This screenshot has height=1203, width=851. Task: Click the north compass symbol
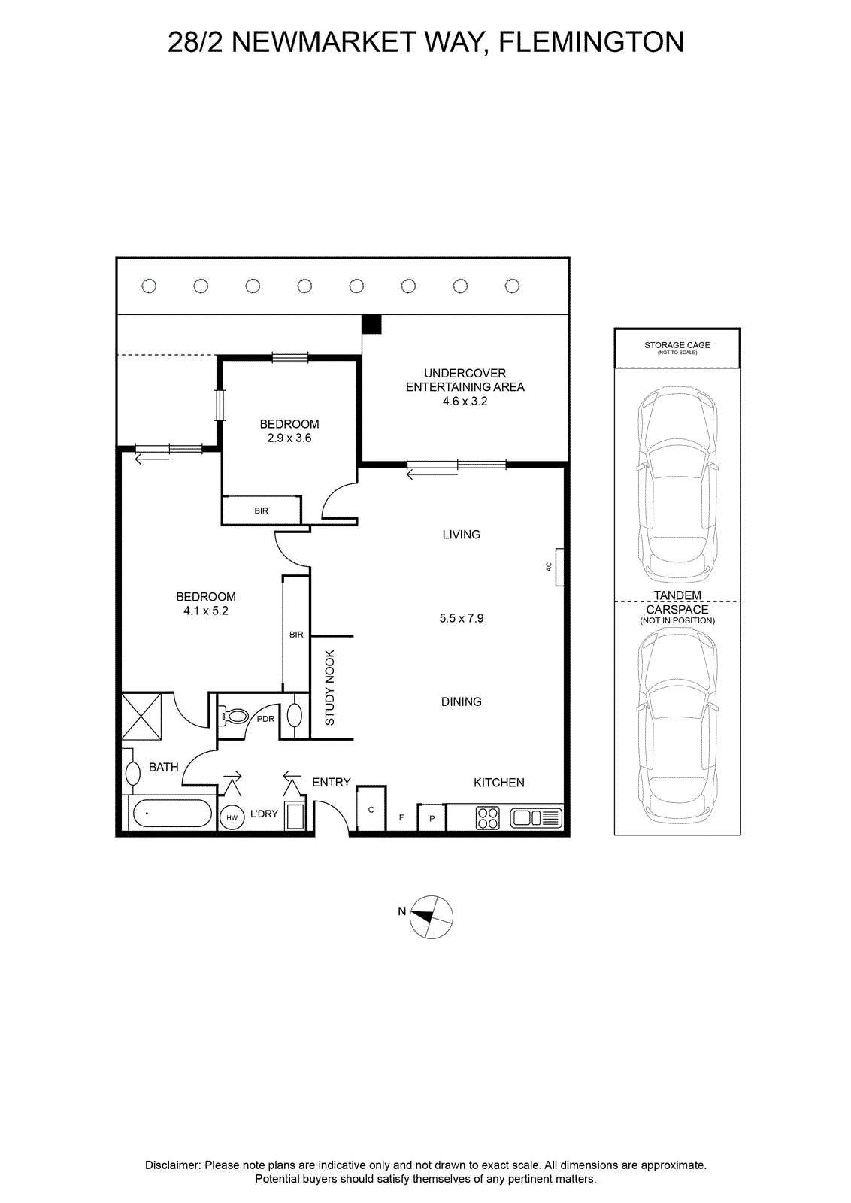[x=431, y=917]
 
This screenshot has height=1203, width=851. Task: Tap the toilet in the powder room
[x=234, y=716]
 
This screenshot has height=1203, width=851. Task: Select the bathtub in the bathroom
[x=172, y=813]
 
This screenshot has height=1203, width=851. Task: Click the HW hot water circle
[x=232, y=817]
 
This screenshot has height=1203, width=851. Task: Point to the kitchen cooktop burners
[x=487, y=817]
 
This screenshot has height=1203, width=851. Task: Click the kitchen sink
[x=536, y=818]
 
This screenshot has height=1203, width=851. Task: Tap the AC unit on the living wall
[x=559, y=567]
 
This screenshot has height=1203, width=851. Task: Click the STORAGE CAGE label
[x=677, y=345]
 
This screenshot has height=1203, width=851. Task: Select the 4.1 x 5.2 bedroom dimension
[x=206, y=611]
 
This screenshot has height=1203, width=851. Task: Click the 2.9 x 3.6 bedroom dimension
[x=289, y=438]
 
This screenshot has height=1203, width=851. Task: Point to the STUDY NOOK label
[x=330, y=687]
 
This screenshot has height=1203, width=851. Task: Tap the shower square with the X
[x=141, y=717]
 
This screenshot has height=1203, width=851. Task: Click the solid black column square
[x=371, y=324]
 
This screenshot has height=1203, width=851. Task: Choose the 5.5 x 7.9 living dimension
[x=461, y=618]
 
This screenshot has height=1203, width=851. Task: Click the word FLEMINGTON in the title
[x=591, y=42]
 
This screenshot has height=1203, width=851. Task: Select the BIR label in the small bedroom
[x=262, y=511]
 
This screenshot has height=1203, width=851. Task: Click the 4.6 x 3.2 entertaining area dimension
[x=465, y=402]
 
